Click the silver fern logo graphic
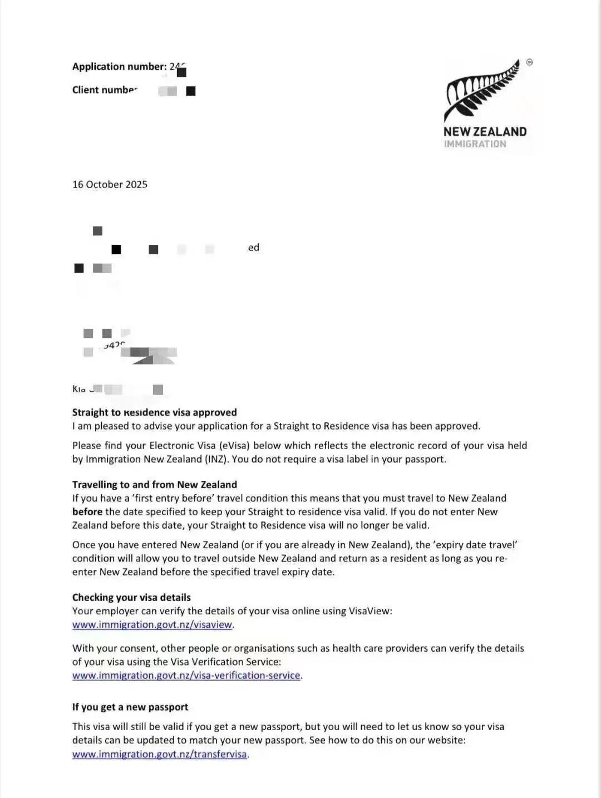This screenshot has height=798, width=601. point(481,90)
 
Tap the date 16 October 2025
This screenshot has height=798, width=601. point(110,185)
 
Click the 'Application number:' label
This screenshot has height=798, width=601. point(119,67)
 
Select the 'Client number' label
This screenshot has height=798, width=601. point(105,90)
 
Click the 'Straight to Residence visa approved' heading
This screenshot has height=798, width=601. point(154,412)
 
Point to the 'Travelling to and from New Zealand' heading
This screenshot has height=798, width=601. point(154,485)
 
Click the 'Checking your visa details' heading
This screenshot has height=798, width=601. point(131,598)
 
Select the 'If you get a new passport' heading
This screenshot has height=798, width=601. point(130,707)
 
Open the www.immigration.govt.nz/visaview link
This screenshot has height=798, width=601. point(152,625)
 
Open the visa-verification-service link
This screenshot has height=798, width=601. point(186,676)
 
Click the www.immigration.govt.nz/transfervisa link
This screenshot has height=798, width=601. point(159,755)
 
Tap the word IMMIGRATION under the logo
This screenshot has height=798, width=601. point(475,144)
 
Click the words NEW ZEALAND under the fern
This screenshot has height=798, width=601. point(485,132)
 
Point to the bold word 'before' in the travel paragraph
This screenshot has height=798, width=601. point(87,512)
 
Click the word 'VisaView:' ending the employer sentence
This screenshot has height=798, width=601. point(370,611)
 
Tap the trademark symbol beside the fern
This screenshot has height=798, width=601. point(529,62)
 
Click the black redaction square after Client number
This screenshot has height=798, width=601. point(191,91)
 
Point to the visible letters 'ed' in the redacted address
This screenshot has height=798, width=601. point(254,248)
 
